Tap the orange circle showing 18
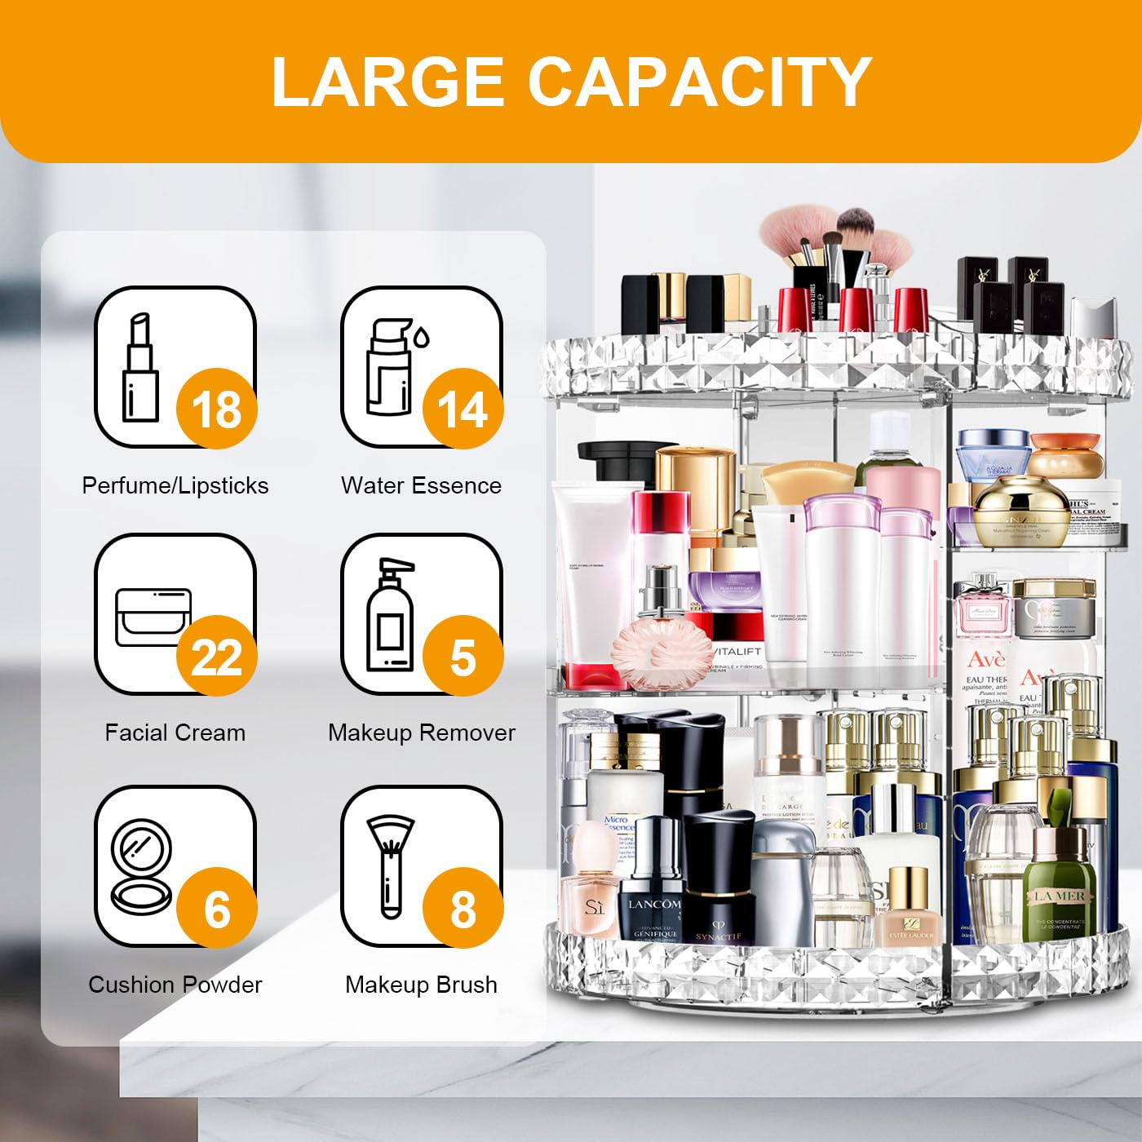point(217,408)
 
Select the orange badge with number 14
point(463,408)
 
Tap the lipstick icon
point(140,366)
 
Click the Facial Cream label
point(175,733)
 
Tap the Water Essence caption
point(421,485)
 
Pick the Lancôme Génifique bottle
point(650,885)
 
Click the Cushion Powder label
point(175,985)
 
